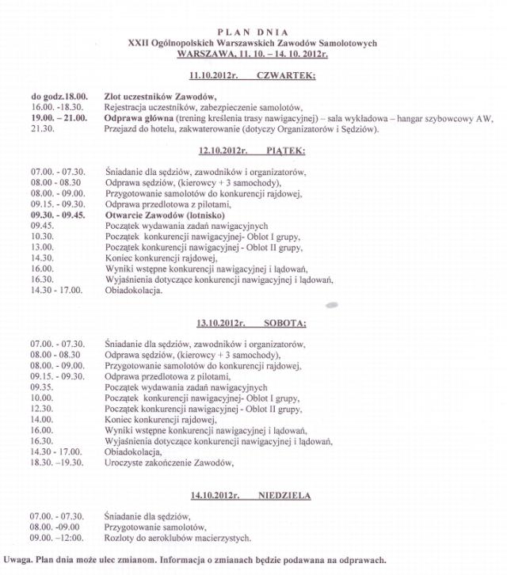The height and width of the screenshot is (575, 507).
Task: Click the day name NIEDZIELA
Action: click(x=284, y=496)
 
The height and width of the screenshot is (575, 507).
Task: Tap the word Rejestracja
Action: click(x=128, y=107)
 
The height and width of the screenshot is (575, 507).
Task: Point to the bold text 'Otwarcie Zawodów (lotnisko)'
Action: click(x=166, y=215)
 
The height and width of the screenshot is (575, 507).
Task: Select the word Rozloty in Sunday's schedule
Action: click(x=121, y=538)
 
